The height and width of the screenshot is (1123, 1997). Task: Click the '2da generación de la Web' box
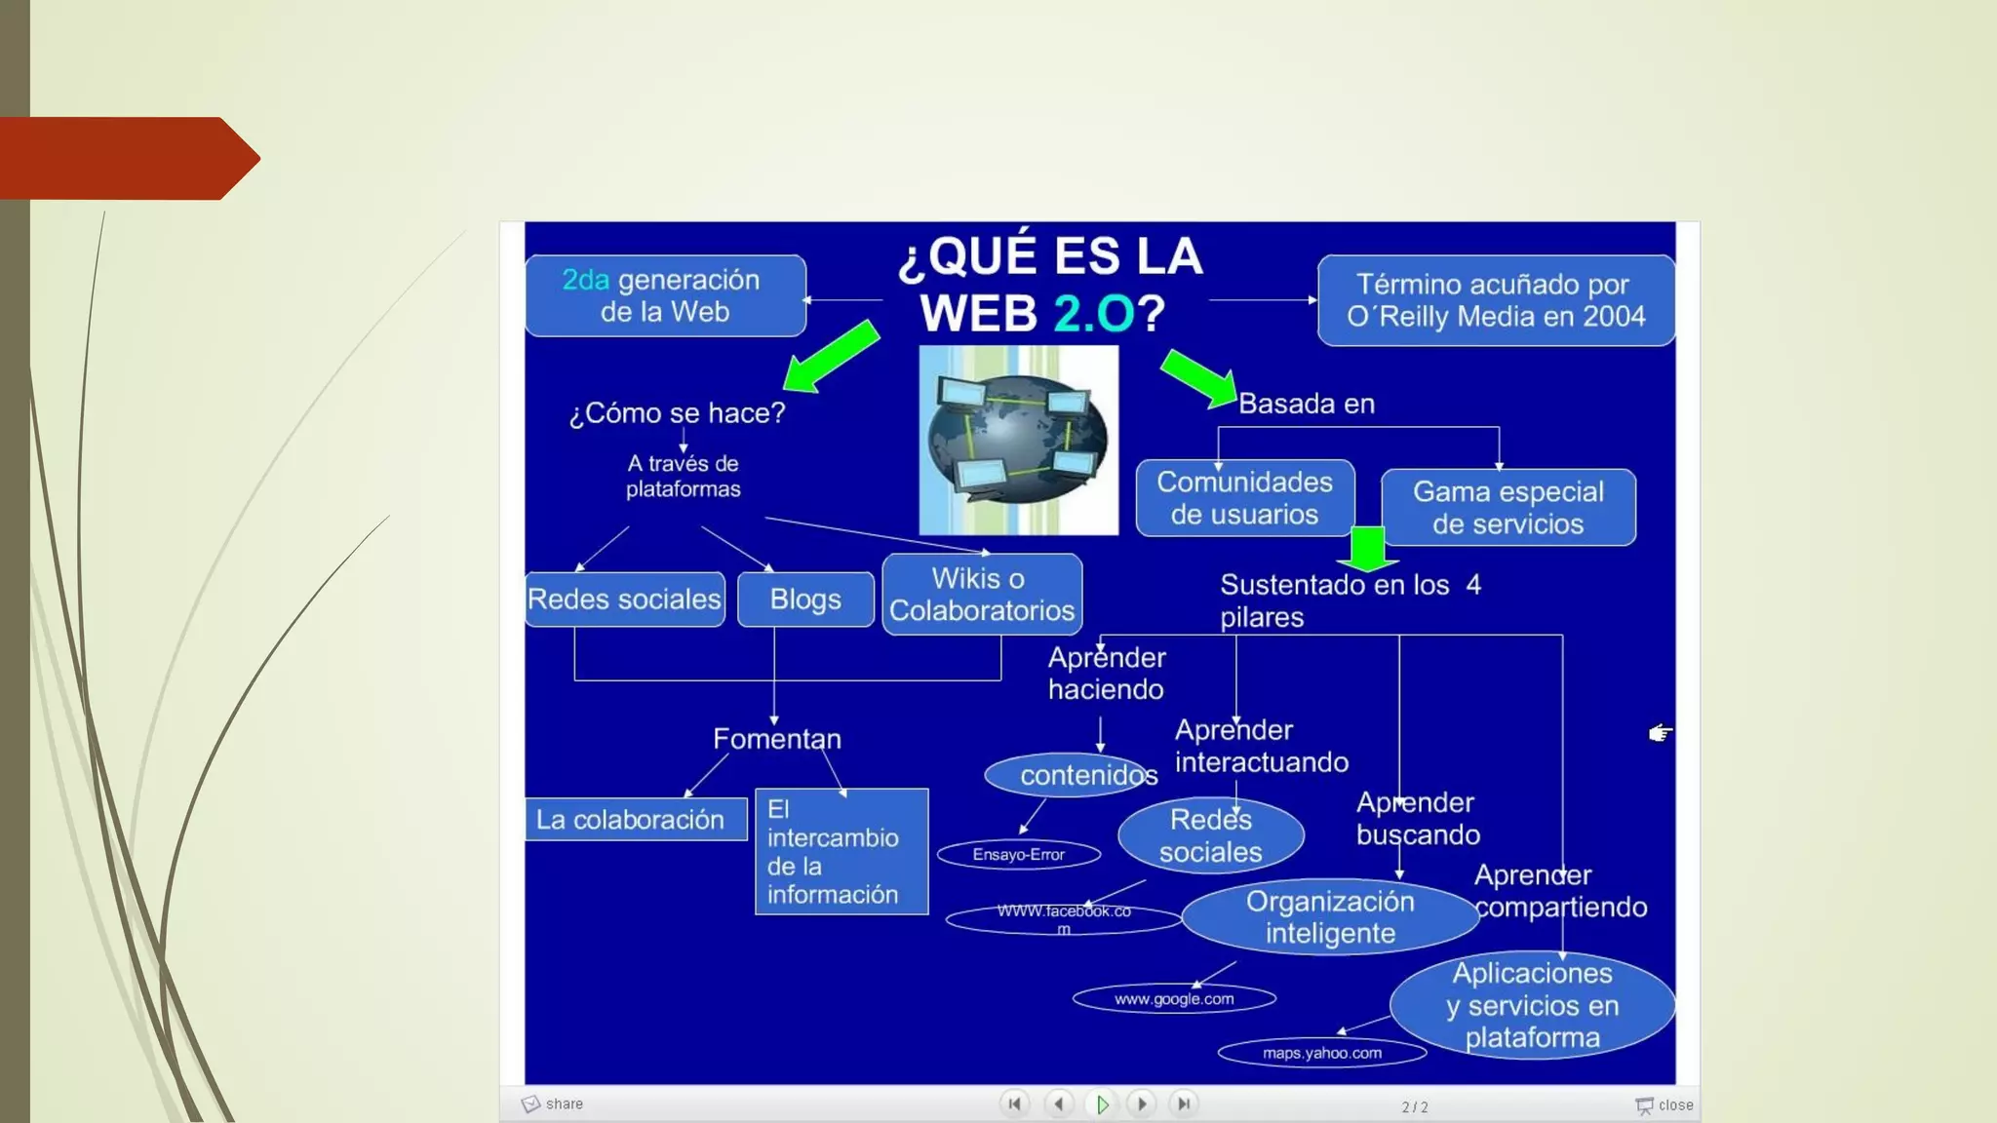(665, 295)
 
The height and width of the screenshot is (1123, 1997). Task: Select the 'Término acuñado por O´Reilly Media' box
(1495, 300)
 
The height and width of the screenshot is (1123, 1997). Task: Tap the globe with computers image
(1018, 440)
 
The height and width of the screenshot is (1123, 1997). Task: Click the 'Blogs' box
(805, 599)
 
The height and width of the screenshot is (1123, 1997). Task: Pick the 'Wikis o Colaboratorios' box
(982, 595)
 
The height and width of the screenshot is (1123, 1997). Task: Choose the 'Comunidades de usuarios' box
(1244, 498)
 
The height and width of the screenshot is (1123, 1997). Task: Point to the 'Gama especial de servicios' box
(1508, 508)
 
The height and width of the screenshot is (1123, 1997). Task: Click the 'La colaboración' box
(636, 820)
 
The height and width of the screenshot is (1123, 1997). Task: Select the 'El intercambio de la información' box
(841, 851)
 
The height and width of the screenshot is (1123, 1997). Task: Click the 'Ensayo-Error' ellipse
(1018, 855)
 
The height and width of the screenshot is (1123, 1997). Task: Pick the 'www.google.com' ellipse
(1174, 999)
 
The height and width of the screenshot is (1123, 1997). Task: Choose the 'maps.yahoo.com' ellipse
(1321, 1053)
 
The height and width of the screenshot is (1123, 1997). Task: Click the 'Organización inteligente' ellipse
(1329, 917)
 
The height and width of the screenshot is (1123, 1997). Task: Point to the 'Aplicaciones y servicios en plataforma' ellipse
(1532, 1005)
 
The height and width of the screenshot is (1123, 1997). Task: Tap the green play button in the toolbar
(1102, 1104)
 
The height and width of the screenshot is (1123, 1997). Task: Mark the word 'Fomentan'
(776, 739)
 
